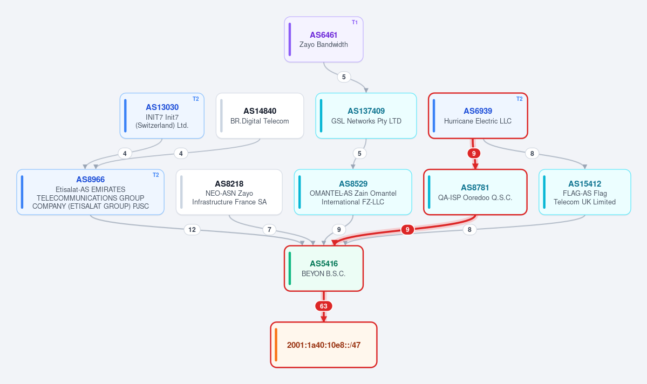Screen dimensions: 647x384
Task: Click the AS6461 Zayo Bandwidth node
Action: (324, 39)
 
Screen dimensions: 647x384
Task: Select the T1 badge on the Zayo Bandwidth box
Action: (355, 22)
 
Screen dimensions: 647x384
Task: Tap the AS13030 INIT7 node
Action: (162, 116)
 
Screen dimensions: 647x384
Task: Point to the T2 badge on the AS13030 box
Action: (195, 99)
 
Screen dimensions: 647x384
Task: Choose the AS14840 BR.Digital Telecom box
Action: (260, 116)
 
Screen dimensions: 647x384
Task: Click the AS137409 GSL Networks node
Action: (366, 116)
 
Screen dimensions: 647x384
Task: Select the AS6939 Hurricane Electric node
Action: (478, 116)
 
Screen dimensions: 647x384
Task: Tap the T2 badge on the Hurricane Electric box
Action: (520, 99)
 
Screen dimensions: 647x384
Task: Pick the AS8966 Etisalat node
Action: (90, 192)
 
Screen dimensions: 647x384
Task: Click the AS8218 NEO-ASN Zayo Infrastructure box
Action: (229, 192)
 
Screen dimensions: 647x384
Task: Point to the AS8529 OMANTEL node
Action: (353, 192)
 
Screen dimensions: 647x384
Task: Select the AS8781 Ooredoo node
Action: (475, 192)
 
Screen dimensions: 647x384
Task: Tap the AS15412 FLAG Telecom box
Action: (585, 192)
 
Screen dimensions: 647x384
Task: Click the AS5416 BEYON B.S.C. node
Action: (324, 269)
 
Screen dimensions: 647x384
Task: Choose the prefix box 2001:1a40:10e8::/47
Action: (324, 345)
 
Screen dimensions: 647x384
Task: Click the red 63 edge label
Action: (324, 306)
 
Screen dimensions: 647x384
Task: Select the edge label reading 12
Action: (192, 230)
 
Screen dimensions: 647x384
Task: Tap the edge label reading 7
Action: (269, 230)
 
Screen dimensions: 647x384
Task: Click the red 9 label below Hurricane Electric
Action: (474, 153)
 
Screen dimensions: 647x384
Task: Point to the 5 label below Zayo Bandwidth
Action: (344, 77)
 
